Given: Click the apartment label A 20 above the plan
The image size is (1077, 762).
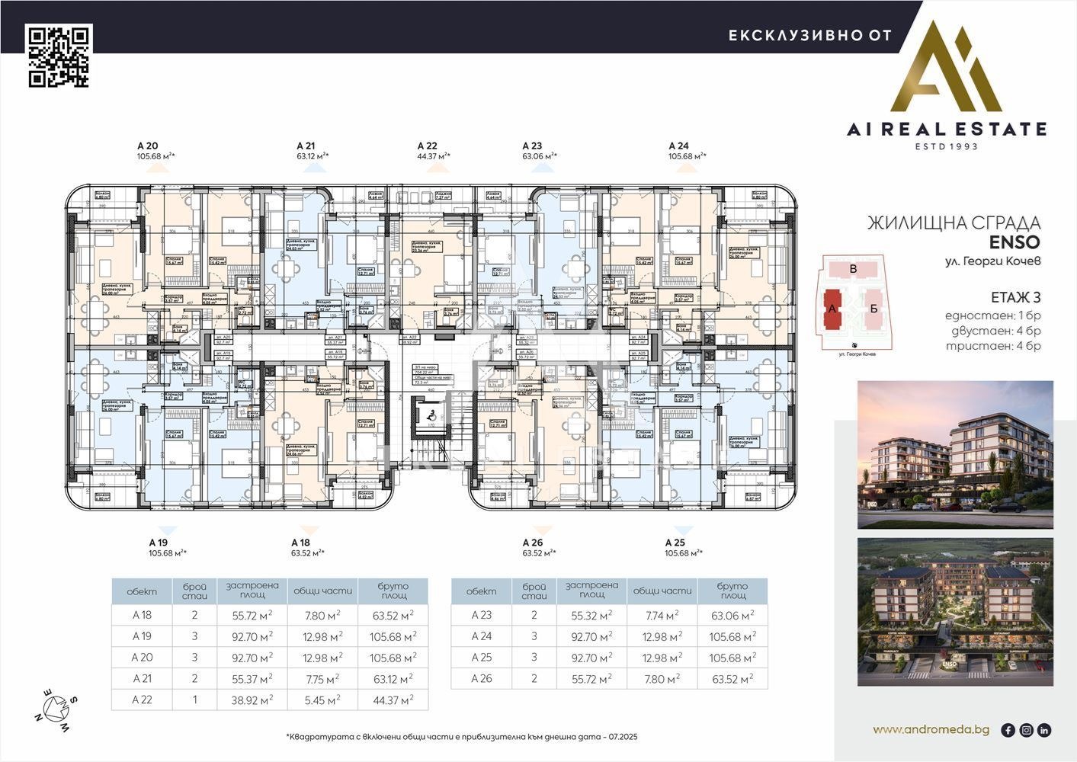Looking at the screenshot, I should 147,146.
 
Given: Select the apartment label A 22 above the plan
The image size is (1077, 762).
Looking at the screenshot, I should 428,146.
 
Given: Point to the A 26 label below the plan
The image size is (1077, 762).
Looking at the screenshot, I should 533,543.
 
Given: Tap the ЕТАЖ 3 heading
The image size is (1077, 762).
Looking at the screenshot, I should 1015,297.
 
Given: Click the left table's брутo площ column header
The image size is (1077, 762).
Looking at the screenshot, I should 393,591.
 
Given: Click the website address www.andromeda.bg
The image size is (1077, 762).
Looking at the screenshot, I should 931,729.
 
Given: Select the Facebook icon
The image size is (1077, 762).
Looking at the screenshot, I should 1008,730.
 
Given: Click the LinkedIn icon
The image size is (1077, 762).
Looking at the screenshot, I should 1044,730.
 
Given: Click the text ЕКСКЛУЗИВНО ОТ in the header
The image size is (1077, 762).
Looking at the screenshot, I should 809,35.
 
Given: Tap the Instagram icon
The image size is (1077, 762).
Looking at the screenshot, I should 1026,730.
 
